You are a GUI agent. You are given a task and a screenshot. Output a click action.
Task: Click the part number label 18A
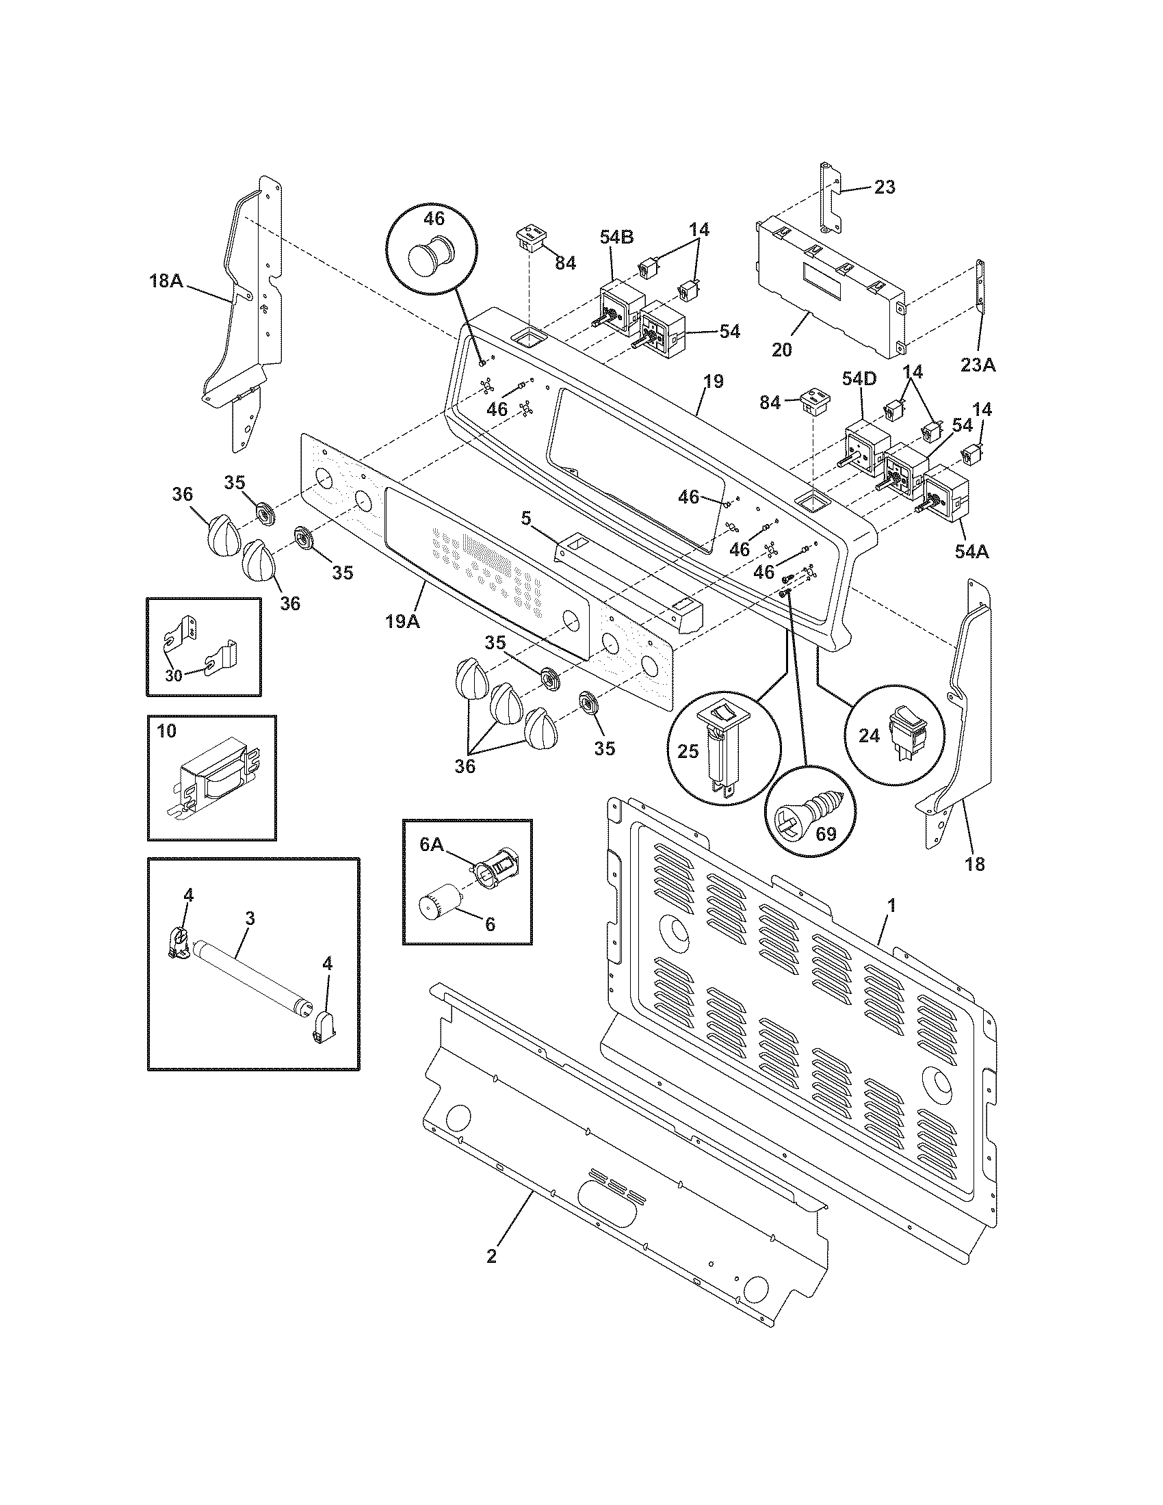[x=166, y=280]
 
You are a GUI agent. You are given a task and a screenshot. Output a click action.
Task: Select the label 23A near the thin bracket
[x=978, y=365]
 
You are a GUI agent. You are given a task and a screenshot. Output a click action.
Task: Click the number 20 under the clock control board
[x=782, y=350]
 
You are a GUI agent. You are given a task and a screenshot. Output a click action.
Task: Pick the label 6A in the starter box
[x=432, y=845]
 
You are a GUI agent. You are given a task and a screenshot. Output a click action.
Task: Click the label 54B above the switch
[x=616, y=238]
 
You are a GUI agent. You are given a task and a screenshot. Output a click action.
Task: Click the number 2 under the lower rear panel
[x=491, y=1255]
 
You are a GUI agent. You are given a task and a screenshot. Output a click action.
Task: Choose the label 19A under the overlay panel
[x=402, y=621]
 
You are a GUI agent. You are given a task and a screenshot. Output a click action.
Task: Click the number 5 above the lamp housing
[x=525, y=518]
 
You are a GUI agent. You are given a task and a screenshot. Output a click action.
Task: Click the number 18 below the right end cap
[x=975, y=863]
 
